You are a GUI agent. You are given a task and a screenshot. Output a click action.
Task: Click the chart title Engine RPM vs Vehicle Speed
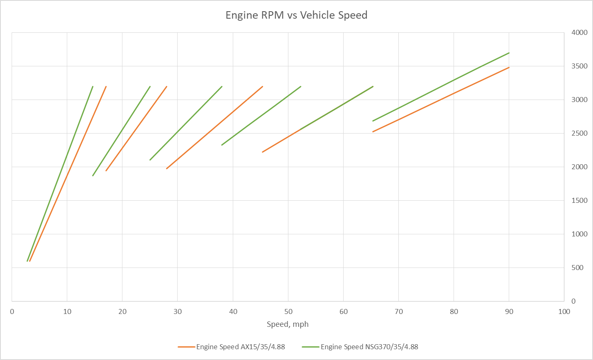pos(296,15)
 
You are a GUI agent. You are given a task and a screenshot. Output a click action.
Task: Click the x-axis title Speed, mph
pos(288,324)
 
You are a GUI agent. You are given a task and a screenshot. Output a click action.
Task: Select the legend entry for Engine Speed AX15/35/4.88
pos(240,347)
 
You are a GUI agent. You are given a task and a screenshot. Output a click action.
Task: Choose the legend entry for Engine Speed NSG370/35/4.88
pos(369,347)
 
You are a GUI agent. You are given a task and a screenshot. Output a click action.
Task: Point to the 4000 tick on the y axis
pos(579,32)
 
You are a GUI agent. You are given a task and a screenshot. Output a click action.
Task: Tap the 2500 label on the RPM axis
pos(579,133)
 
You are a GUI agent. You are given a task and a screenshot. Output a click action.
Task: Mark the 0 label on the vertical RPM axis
pos(573,301)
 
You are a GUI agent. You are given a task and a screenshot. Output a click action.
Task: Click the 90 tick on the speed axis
pos(509,312)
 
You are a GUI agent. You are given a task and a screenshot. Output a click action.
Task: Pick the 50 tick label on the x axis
pos(288,312)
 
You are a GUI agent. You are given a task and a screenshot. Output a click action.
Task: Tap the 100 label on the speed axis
pos(564,312)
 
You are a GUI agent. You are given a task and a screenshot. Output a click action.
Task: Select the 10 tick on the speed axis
pos(67,312)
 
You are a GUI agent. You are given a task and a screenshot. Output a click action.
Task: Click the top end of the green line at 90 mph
pos(509,53)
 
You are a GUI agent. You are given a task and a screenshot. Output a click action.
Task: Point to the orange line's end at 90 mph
pos(509,67)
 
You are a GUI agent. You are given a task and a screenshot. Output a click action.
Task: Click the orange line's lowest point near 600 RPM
pos(30,261)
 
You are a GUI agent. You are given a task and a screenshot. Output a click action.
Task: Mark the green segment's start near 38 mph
pos(222,145)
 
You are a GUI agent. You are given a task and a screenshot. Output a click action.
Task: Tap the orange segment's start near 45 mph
pos(263,152)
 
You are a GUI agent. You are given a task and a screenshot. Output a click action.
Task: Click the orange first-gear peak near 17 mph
pos(106,87)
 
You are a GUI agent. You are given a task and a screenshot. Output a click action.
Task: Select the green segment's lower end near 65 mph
pos(373,121)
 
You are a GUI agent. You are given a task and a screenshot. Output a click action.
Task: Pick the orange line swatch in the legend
pos(186,347)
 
